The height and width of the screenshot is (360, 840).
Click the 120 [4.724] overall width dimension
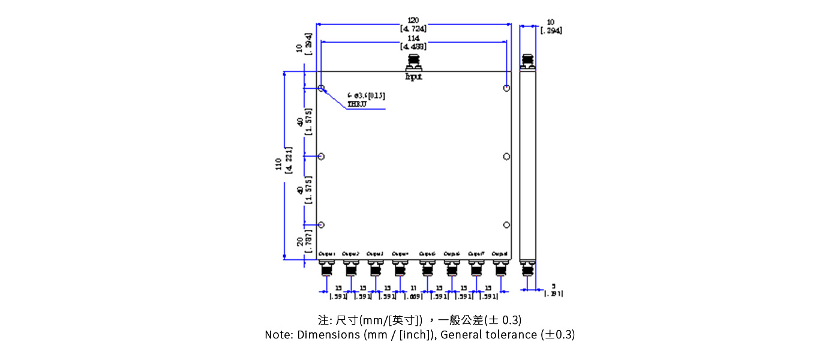(413, 25)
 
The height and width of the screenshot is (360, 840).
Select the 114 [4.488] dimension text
(413, 42)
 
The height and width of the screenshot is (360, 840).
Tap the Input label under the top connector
(413, 77)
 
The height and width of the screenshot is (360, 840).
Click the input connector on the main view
(413, 62)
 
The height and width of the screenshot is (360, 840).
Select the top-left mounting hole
(322, 89)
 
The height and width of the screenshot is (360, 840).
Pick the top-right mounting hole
(507, 89)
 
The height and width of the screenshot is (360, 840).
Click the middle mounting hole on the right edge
(507, 157)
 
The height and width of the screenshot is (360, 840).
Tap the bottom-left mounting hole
(322, 225)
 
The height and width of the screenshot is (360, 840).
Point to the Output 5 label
(427, 254)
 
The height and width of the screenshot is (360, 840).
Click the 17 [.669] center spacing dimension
(413, 292)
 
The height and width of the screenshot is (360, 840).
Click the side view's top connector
(528, 62)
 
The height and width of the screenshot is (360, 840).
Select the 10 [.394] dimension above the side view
(551, 26)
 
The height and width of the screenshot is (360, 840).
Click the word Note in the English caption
(277, 335)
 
